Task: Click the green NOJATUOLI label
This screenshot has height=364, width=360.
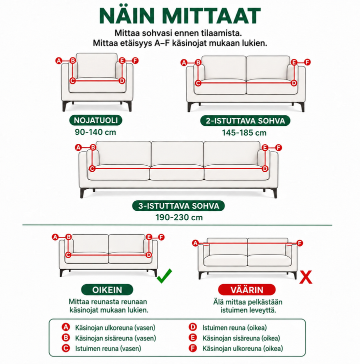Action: click(96, 120)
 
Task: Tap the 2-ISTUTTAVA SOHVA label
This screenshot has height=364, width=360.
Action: click(245, 121)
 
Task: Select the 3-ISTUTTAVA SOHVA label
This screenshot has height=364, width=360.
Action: click(178, 206)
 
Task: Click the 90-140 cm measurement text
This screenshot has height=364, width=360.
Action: click(95, 132)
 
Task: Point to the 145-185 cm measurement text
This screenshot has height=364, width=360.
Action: click(244, 133)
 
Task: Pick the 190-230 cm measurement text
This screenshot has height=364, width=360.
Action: click(179, 218)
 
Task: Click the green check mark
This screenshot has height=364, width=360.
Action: click(164, 276)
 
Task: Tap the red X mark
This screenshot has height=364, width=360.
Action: click(305, 277)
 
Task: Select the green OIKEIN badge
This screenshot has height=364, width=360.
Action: click(107, 290)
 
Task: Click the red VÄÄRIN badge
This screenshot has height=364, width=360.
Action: click(247, 290)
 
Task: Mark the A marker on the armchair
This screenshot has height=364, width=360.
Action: click(59, 61)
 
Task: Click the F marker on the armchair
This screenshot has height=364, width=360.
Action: click(135, 61)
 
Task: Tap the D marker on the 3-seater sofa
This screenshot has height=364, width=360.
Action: click(265, 169)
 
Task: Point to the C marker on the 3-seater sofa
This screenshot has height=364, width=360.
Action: click(92, 169)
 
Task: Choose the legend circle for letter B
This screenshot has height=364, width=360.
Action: click(66, 338)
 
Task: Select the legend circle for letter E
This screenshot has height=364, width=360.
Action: click(192, 338)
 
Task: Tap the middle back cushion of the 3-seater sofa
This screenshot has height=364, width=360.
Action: click(177, 153)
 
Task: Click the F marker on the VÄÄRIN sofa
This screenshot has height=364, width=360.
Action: click(300, 243)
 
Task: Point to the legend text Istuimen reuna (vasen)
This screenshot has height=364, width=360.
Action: click(108, 349)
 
